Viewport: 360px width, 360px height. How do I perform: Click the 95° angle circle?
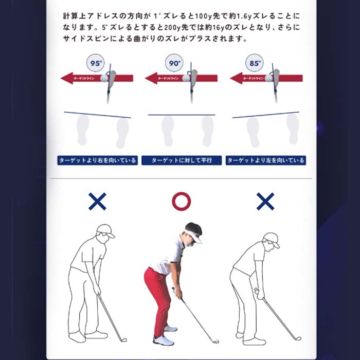click(95, 64)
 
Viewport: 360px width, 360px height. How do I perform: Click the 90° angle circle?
click(175, 64)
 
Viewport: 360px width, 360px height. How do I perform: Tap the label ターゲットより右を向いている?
click(98, 160)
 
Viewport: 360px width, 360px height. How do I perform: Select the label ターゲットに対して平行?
click(182, 160)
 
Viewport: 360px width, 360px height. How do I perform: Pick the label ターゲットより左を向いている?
click(265, 160)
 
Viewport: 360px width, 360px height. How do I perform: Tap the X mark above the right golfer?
click(265, 202)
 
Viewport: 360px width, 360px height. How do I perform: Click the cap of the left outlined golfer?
click(105, 229)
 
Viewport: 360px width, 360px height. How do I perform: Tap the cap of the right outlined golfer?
click(272, 238)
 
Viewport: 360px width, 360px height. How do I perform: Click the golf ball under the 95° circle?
click(105, 79)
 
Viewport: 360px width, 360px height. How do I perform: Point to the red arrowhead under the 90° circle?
click(150, 79)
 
